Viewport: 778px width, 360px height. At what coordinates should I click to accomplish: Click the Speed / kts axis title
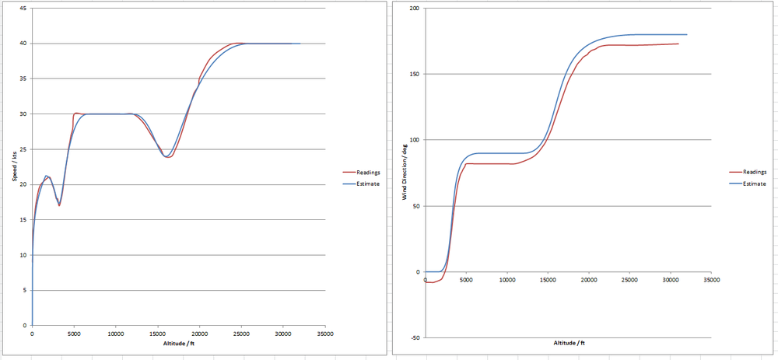tap(14, 167)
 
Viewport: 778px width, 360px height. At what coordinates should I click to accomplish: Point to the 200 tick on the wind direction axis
tap(413, 9)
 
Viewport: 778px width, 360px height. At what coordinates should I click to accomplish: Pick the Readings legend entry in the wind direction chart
tap(754, 173)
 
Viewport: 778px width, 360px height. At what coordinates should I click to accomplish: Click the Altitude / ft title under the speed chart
tap(178, 343)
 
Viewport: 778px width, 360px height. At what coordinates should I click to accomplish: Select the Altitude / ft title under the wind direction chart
tap(569, 343)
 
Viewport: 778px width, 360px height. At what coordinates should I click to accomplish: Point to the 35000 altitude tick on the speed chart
tap(324, 333)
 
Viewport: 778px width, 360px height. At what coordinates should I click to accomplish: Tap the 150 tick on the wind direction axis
tap(413, 75)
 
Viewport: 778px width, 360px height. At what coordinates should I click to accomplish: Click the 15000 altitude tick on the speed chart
tap(157, 333)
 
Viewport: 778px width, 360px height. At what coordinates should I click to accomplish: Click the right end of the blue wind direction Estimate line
tap(687, 34)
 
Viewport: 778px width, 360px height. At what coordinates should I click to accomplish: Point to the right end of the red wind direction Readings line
tap(678, 44)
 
